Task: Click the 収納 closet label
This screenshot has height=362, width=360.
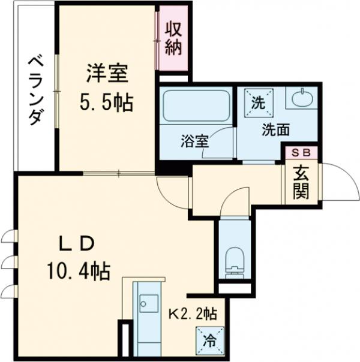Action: point(173,38)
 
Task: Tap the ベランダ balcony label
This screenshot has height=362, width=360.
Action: point(35,90)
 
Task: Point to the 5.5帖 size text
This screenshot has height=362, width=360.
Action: point(107,104)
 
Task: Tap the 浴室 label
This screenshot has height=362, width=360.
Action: point(195,142)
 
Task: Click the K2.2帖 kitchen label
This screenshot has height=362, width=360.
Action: point(191,312)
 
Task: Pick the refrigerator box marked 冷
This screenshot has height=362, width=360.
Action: point(210,341)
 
